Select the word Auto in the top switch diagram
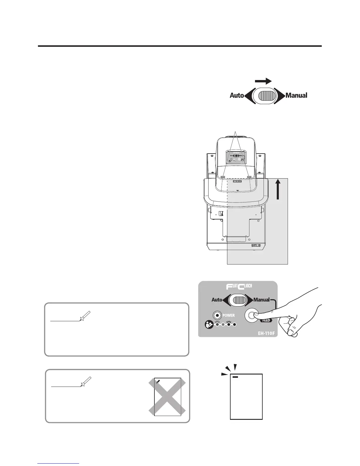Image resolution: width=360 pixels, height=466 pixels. [x=236, y=95]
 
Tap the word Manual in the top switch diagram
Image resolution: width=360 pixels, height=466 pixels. [x=296, y=95]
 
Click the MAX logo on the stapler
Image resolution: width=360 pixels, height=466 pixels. [x=237, y=182]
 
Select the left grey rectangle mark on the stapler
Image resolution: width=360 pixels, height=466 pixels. [x=223, y=177]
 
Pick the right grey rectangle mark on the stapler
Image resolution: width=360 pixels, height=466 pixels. [x=249, y=177]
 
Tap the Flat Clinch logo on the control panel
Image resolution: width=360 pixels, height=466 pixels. [x=238, y=286]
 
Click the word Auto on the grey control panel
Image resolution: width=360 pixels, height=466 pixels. [x=217, y=300]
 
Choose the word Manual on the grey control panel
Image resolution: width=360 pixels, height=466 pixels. [x=261, y=300]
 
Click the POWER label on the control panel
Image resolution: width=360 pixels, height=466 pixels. [x=229, y=315]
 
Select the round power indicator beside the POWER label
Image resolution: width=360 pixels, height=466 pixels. [x=217, y=315]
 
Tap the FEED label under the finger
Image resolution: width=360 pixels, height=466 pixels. [x=266, y=320]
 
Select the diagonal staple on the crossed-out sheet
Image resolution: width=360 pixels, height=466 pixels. [x=158, y=381]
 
